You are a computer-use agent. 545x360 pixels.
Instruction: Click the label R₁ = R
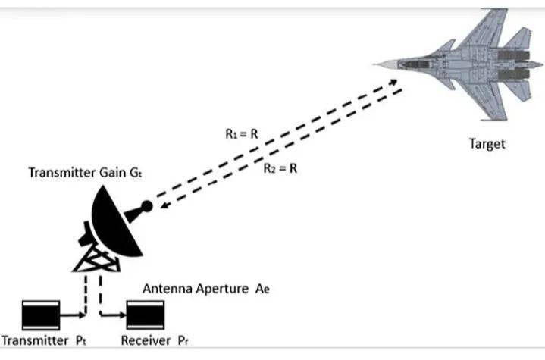coord(242,133)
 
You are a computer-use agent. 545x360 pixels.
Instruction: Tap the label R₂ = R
coord(280,168)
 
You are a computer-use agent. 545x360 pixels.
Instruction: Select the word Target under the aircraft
coord(487,142)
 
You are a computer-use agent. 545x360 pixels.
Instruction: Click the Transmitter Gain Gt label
coord(85,172)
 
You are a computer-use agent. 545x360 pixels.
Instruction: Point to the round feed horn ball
coord(147,205)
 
